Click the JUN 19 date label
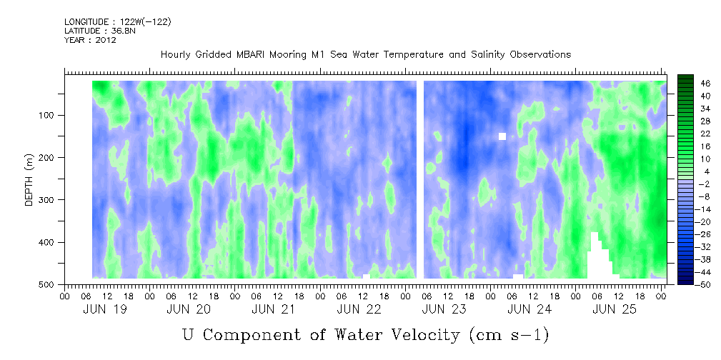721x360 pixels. pyautogui.click(x=106, y=309)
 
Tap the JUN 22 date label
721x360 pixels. pyautogui.click(x=359, y=309)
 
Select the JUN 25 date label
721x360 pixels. pyautogui.click(x=615, y=309)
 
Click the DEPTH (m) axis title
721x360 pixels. pyautogui.click(x=29, y=183)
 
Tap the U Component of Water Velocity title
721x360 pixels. pyautogui.click(x=365, y=334)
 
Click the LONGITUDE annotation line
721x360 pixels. pyautogui.click(x=117, y=22)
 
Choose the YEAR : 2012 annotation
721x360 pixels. pyautogui.click(x=90, y=40)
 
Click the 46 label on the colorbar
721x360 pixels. pyautogui.click(x=705, y=84)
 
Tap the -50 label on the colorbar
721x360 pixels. pyautogui.click(x=704, y=284)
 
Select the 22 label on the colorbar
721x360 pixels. pyautogui.click(x=705, y=134)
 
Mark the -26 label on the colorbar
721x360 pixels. pyautogui.click(x=704, y=234)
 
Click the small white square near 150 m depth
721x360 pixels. pyautogui.click(x=502, y=136)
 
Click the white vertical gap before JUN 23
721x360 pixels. pyautogui.click(x=420, y=179)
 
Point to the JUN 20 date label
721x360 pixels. pyautogui.click(x=189, y=309)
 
